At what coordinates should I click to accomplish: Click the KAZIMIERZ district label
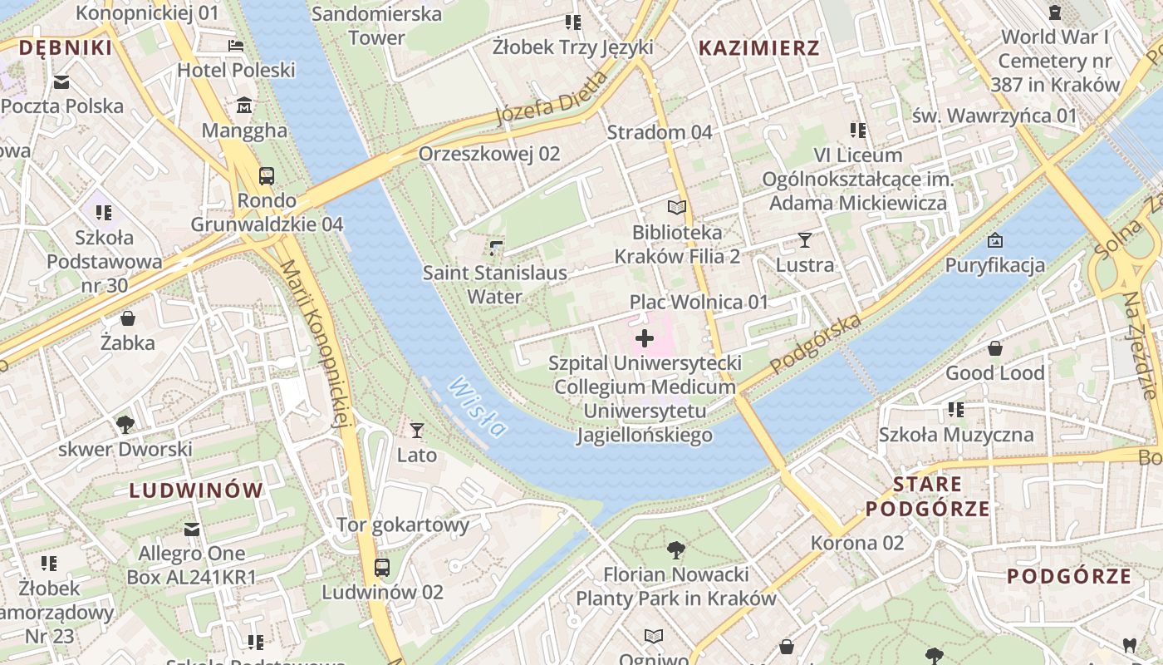pyautogui.click(x=758, y=48)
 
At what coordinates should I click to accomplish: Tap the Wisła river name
pyautogui.click(x=477, y=407)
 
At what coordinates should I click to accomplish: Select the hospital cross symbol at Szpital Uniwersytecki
pyautogui.click(x=645, y=338)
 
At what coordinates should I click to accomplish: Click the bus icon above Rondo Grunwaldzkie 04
pyautogui.click(x=267, y=176)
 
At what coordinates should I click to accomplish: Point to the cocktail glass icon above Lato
pyautogui.click(x=417, y=431)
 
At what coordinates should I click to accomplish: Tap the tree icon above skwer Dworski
pyautogui.click(x=125, y=425)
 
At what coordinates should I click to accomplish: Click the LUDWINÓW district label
pyautogui.click(x=196, y=490)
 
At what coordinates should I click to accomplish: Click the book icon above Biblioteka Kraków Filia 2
pyautogui.click(x=678, y=208)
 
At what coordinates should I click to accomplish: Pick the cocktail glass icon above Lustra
pyautogui.click(x=804, y=241)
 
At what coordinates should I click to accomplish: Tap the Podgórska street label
pyautogui.click(x=815, y=343)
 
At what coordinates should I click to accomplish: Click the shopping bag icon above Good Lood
pyautogui.click(x=994, y=348)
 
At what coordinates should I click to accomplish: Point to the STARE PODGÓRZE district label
pyautogui.click(x=928, y=496)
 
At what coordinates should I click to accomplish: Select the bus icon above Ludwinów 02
pyautogui.click(x=382, y=568)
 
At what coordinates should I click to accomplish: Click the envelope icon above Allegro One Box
pyautogui.click(x=192, y=530)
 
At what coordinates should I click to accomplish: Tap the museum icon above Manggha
pyautogui.click(x=244, y=106)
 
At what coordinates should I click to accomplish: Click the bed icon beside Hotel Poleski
pyautogui.click(x=237, y=46)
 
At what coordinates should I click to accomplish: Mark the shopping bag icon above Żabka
pyautogui.click(x=128, y=318)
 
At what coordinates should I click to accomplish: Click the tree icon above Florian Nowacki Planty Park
pyautogui.click(x=676, y=549)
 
